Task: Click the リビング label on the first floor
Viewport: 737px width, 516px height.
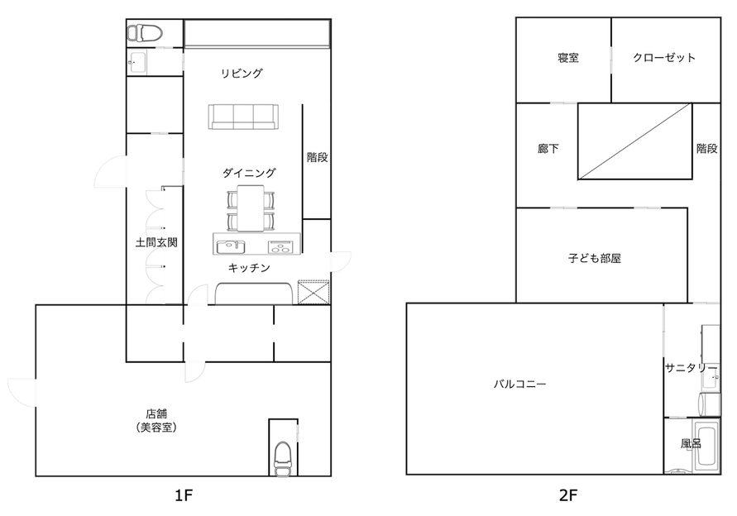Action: pos(242,74)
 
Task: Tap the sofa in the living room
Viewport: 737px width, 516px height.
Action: pos(243,117)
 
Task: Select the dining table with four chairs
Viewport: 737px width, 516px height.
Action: pos(251,208)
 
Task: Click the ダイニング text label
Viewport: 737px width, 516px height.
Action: pos(249,173)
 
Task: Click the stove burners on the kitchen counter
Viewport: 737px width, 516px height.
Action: pos(281,246)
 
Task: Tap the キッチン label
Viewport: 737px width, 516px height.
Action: pos(249,268)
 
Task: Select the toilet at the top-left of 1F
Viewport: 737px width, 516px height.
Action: pos(144,33)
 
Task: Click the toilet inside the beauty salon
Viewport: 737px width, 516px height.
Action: pos(283,459)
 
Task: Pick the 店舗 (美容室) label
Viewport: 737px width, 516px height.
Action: pos(156,421)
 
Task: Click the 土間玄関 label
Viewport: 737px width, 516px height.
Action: pos(156,242)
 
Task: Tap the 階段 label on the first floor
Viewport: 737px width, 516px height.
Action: pos(318,157)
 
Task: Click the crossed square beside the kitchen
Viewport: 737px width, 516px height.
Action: pos(313,292)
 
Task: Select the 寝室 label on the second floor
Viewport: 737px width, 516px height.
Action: pos(568,58)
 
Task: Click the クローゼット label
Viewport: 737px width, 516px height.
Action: pos(663,58)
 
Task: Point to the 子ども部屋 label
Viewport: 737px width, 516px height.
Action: pos(595,258)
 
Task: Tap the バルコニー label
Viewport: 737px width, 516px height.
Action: pos(519,384)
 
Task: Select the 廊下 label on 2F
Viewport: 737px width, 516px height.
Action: pos(548,149)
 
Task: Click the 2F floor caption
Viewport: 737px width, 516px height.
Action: pos(568,494)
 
